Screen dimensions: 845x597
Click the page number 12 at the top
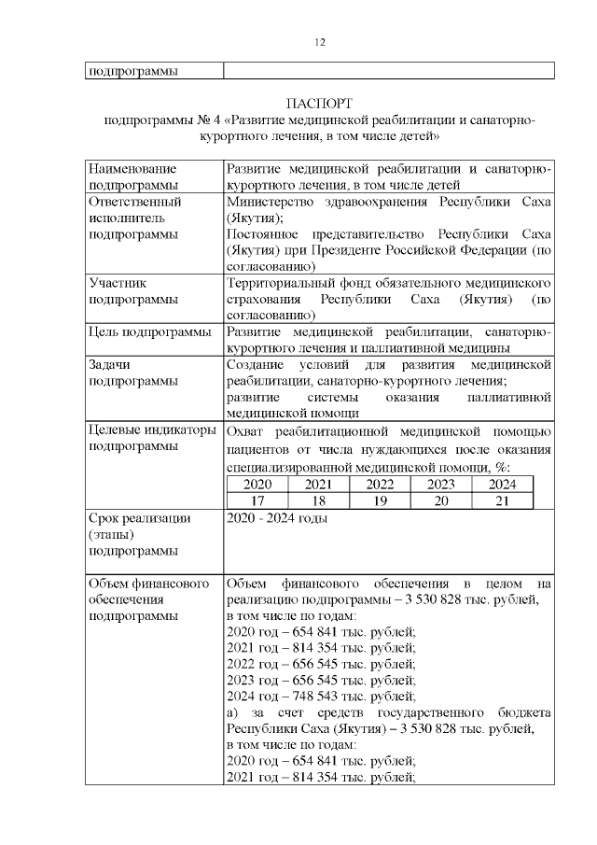pyautogui.click(x=319, y=42)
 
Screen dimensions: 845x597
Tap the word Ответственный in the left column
pyautogui.click(x=133, y=201)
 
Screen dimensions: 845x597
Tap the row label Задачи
pyautogui.click(x=110, y=365)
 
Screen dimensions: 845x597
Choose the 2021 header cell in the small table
pyautogui.click(x=318, y=485)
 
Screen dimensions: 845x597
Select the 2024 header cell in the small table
pyautogui.click(x=502, y=485)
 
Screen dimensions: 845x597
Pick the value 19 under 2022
pyautogui.click(x=380, y=500)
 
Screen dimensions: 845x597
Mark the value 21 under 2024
pyautogui.click(x=502, y=500)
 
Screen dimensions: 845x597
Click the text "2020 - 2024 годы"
pyautogui.click(x=277, y=518)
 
